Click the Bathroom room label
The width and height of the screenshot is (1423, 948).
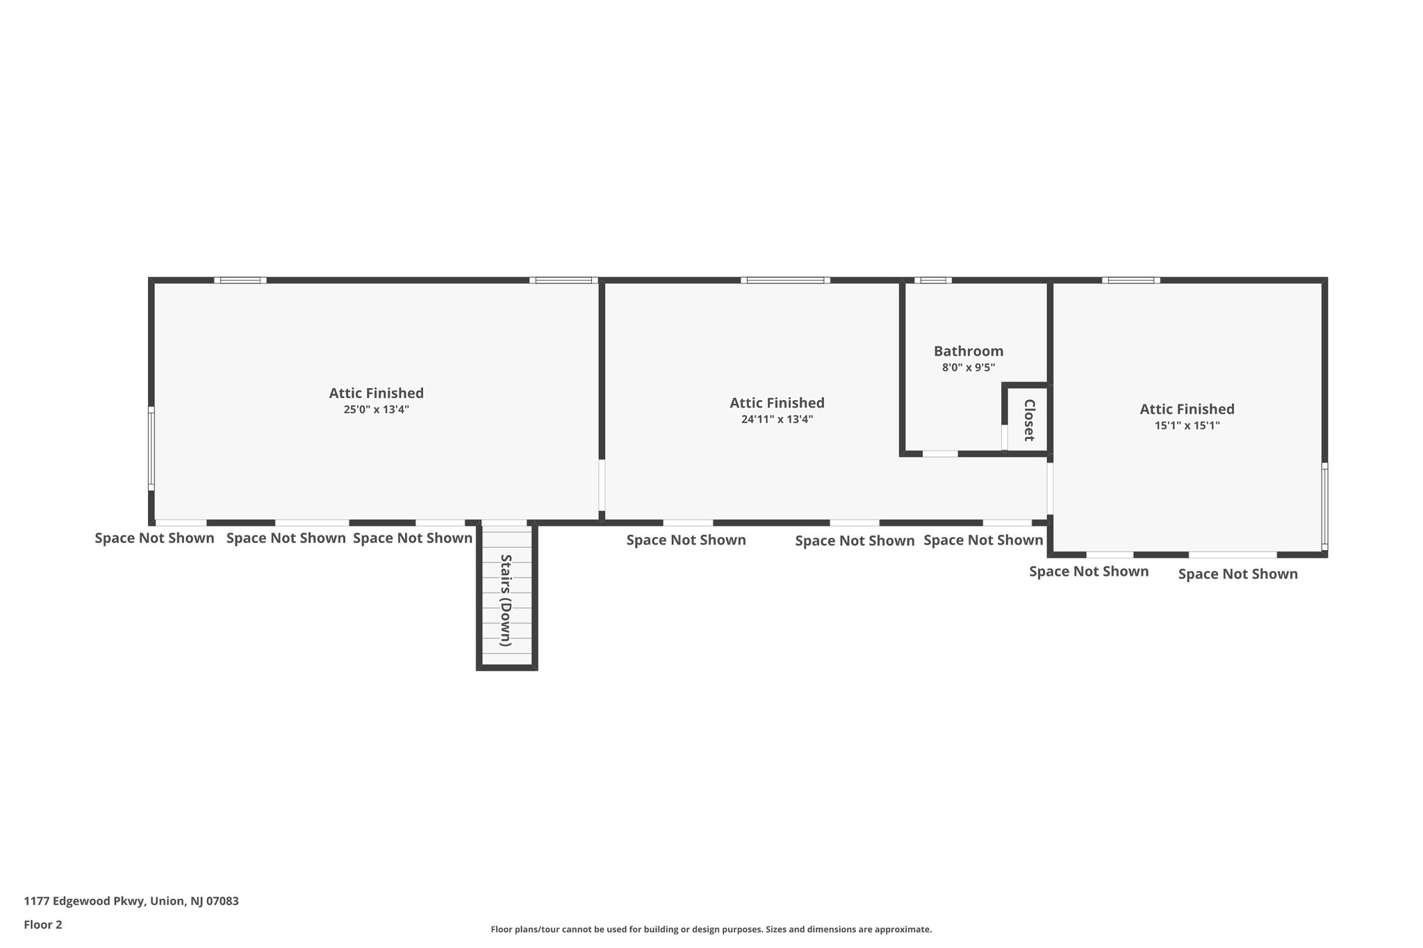click(x=968, y=351)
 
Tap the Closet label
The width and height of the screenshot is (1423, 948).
click(x=1029, y=420)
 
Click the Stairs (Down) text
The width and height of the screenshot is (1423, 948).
click(x=506, y=600)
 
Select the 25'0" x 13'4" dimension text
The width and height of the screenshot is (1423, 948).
click(x=376, y=410)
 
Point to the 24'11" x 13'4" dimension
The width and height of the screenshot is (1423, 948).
click(x=777, y=419)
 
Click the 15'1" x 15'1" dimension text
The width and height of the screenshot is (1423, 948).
click(x=1187, y=426)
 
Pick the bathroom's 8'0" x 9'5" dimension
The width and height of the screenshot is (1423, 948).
click(x=968, y=368)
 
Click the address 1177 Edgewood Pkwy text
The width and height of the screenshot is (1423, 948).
click(x=131, y=901)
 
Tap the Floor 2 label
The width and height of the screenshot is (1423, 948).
click(x=43, y=924)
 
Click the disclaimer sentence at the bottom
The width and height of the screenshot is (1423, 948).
click(x=711, y=929)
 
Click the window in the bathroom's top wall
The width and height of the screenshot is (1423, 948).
click(x=933, y=281)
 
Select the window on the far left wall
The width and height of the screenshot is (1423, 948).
click(x=151, y=449)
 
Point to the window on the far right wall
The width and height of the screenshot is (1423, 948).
click(x=1324, y=506)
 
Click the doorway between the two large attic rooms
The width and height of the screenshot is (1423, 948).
click(x=602, y=485)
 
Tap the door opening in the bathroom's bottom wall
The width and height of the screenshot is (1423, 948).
click(x=940, y=454)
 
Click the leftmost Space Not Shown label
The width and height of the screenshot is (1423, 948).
click(x=154, y=538)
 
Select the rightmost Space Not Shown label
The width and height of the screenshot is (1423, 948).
click(x=1237, y=574)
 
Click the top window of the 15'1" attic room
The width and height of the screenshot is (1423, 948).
click(x=1130, y=281)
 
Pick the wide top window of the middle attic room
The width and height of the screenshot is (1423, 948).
click(x=785, y=281)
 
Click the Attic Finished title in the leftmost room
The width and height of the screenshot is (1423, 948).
click(x=376, y=393)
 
